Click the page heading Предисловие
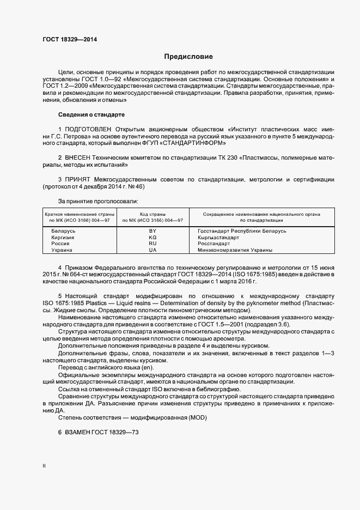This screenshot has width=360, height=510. (188, 57)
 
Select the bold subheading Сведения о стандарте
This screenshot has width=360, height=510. (91, 114)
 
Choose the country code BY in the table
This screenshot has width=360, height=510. (152, 232)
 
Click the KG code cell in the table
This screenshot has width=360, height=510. (152, 238)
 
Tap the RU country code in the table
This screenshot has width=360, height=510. (152, 244)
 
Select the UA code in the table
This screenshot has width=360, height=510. (152, 250)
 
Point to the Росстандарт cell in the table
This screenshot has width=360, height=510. (214, 244)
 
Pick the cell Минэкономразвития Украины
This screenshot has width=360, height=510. (235, 250)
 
